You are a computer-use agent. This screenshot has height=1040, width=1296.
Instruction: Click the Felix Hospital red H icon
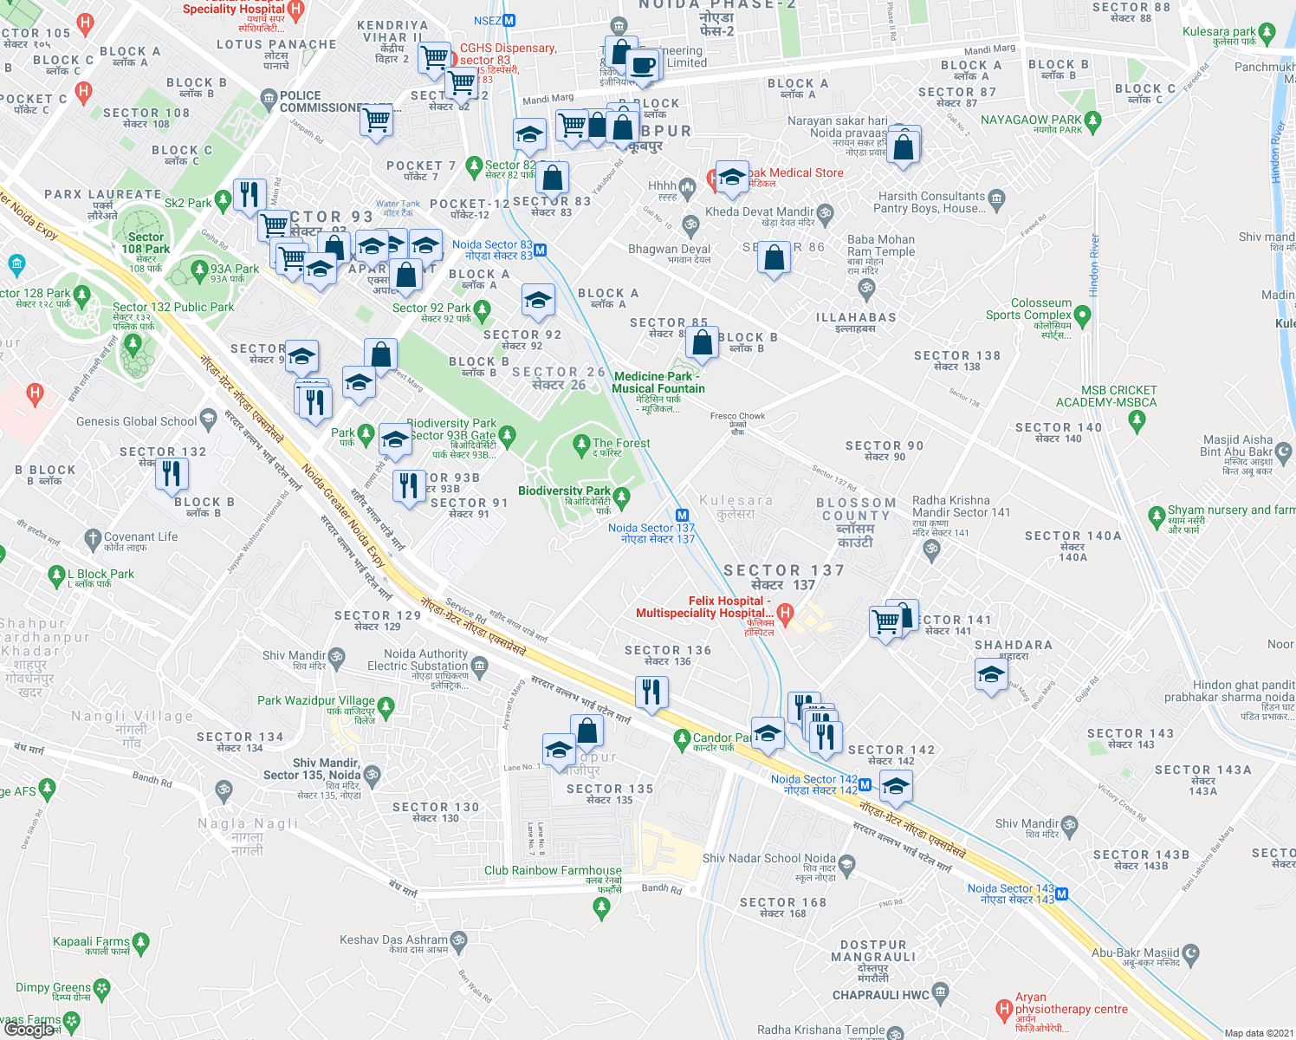click(785, 614)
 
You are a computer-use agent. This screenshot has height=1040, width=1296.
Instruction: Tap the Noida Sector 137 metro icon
click(682, 515)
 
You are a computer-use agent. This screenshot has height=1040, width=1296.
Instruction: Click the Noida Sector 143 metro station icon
click(1062, 894)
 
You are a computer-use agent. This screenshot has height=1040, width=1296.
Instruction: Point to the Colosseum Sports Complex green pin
click(1081, 315)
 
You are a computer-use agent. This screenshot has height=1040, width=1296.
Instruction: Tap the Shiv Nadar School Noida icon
click(847, 864)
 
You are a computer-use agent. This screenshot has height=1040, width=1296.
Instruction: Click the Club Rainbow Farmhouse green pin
click(601, 907)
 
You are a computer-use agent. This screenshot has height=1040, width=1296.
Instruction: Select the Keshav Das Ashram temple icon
click(459, 940)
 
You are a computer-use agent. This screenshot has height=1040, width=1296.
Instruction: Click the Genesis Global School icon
click(208, 420)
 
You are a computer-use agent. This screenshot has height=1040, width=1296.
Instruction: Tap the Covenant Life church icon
click(93, 540)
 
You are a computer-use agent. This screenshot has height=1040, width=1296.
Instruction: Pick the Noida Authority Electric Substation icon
click(479, 666)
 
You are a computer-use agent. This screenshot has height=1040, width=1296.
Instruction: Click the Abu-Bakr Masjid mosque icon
click(1191, 953)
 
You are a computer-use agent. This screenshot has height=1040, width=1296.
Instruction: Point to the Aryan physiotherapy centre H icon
click(1003, 1009)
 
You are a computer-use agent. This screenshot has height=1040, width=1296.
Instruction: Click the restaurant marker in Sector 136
click(651, 692)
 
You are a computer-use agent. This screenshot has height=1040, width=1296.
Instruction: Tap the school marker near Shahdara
click(990, 673)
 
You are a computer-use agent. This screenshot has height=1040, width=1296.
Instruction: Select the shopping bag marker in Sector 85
click(702, 342)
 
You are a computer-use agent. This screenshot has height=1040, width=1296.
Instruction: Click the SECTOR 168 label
click(783, 902)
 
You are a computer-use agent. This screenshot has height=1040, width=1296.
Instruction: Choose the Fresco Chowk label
click(737, 416)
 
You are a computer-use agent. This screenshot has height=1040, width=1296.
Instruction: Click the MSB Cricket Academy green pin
click(1137, 420)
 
